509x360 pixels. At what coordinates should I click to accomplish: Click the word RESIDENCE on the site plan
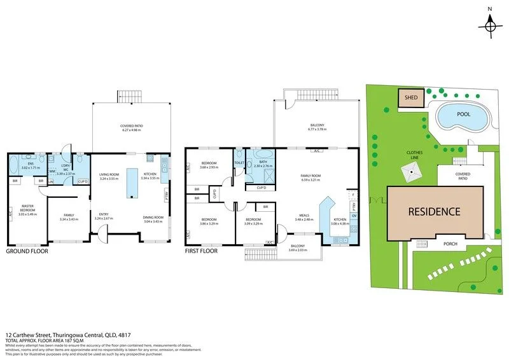pyautogui.click(x=434, y=212)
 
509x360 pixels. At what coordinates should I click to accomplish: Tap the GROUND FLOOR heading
pyautogui.click(x=27, y=251)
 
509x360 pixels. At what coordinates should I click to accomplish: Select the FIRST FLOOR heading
pyautogui.click(x=200, y=251)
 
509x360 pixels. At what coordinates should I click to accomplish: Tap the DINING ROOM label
pyautogui.click(x=153, y=218)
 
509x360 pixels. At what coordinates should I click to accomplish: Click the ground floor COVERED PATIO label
pyautogui.click(x=131, y=127)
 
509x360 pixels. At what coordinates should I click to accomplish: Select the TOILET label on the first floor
pyautogui.click(x=239, y=163)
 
